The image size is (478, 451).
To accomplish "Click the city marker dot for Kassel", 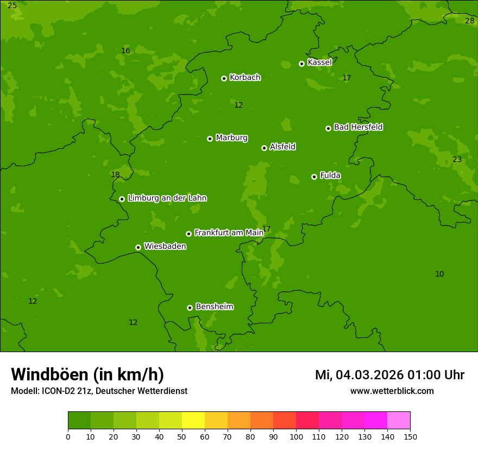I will pyautogui.click(x=301, y=64).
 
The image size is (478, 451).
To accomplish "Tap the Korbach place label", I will pyautogui.click(x=245, y=77).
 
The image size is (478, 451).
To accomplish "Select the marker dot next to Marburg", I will pyautogui.click(x=210, y=139).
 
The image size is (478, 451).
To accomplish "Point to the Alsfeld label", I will pyautogui.click(x=282, y=147).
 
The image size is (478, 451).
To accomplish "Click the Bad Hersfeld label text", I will pyautogui.click(x=358, y=127).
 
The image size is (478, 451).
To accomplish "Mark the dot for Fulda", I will pyautogui.click(x=314, y=177).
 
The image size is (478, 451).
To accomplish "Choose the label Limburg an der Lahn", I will pyautogui.click(x=167, y=198).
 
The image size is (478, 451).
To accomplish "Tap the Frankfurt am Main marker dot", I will pyautogui.click(x=188, y=234).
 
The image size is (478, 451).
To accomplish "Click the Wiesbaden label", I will pyautogui.click(x=165, y=246).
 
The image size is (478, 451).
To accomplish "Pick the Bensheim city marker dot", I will pyautogui.click(x=190, y=308).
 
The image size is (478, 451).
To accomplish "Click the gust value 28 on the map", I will pyautogui.click(x=469, y=21).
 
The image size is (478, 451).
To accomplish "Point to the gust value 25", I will pyautogui.click(x=12, y=5).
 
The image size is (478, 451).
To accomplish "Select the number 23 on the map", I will pyautogui.click(x=457, y=159).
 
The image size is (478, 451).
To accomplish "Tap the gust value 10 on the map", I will pyautogui.click(x=439, y=274).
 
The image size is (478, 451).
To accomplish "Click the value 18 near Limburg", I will pyautogui.click(x=115, y=174).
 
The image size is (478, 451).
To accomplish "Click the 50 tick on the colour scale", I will pyautogui.click(x=182, y=436).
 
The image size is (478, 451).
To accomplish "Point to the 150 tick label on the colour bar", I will pyautogui.click(x=410, y=436).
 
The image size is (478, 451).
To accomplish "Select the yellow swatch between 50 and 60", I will pyautogui.click(x=193, y=421).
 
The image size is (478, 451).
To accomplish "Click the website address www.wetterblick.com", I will pyautogui.click(x=392, y=391).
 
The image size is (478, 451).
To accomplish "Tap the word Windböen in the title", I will pyautogui.click(x=49, y=374).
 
